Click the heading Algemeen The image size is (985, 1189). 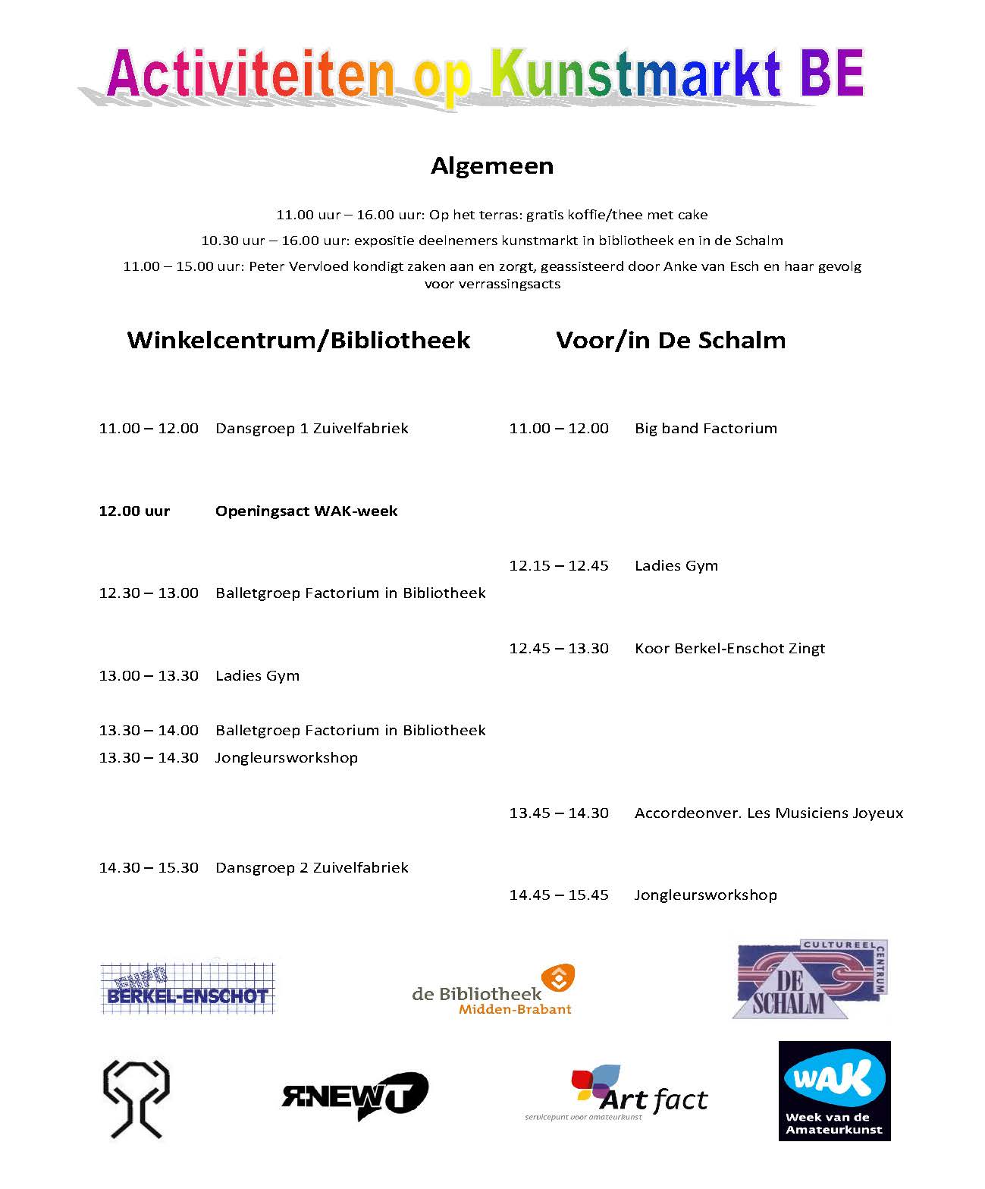pyautogui.click(x=492, y=166)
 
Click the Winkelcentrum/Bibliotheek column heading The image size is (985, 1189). pyautogui.click(x=299, y=340)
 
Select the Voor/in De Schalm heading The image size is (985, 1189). pyautogui.click(x=670, y=340)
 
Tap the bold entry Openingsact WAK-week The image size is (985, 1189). pyautogui.click(x=306, y=511)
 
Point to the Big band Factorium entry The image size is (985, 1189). pyautogui.click(x=705, y=429)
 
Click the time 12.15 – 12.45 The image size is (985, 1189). pyautogui.click(x=559, y=566)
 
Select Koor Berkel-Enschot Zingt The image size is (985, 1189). pyautogui.click(x=729, y=649)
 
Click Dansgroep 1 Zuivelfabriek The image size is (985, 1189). pyautogui.click(x=312, y=429)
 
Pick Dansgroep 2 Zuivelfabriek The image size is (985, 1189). pyautogui.click(x=312, y=868)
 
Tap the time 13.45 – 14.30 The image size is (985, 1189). pyautogui.click(x=559, y=813)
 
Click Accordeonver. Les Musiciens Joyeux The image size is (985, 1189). pyautogui.click(x=769, y=813)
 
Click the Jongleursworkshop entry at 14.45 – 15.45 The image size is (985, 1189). pyautogui.click(x=705, y=895)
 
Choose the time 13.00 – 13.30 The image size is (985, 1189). pyautogui.click(x=149, y=676)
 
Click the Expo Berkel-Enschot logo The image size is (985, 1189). pyautogui.click(x=187, y=989)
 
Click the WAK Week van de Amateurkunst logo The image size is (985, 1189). pyautogui.click(x=834, y=1090)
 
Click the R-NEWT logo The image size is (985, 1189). pyautogui.click(x=354, y=1096)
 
